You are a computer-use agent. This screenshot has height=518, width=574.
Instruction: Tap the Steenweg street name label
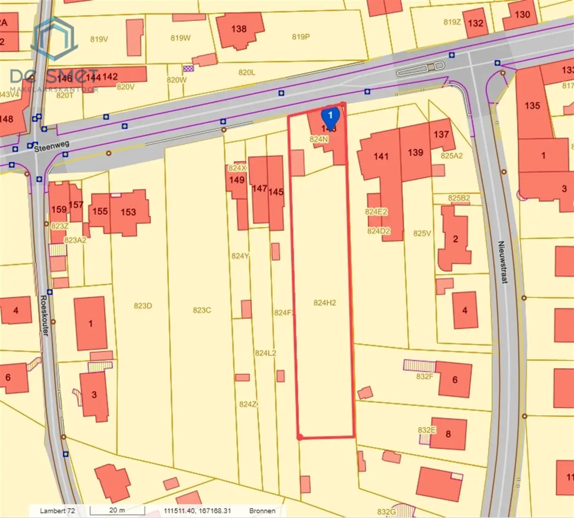[x=52, y=146]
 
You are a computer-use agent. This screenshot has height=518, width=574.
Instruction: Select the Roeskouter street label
[x=44, y=315]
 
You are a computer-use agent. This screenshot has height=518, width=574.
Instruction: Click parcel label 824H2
[x=325, y=303]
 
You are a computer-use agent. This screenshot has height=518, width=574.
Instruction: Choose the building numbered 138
[x=239, y=29]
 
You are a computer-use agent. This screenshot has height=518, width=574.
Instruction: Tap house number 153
[x=128, y=212]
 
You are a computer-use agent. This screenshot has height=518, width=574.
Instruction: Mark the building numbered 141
[x=381, y=156]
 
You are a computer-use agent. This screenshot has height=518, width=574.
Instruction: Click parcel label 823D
[x=143, y=306]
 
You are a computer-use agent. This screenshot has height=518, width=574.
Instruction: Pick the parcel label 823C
[x=202, y=310]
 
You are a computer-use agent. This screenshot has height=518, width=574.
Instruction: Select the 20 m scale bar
[x=117, y=511]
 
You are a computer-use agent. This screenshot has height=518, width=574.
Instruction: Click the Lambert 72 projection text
[x=57, y=511]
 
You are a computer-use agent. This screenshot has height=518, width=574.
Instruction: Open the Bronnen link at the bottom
[x=262, y=511]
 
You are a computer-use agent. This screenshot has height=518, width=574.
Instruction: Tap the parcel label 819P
[x=301, y=37]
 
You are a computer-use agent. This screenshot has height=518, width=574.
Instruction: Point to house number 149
[x=236, y=180]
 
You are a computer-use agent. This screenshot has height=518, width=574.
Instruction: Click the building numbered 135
[x=532, y=105]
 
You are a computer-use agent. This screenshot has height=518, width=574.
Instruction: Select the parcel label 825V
[x=422, y=233]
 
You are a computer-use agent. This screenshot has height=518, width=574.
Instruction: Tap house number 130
[x=522, y=15]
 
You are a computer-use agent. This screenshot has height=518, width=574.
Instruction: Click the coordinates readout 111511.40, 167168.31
[x=197, y=511]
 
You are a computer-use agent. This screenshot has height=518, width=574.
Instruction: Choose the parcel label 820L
[x=247, y=72]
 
